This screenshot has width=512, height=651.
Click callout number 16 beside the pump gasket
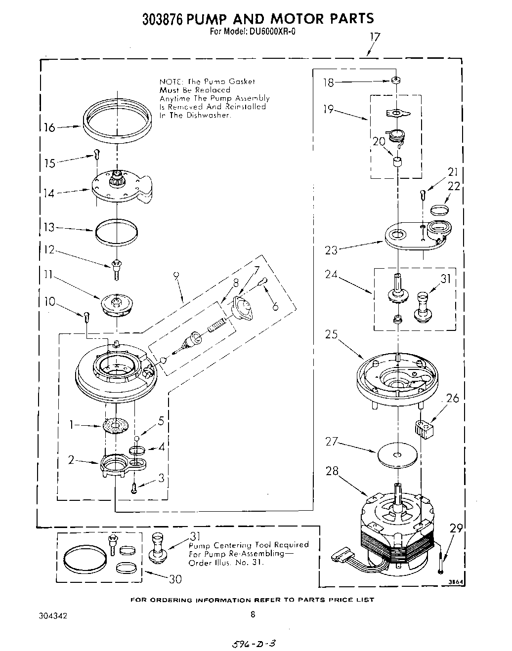[x=49, y=128]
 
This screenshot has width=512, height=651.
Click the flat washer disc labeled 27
[x=397, y=455]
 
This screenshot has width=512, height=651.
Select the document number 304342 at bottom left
[x=53, y=616]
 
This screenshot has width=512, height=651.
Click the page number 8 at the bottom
[x=253, y=614]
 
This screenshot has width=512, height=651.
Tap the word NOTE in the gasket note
[x=169, y=81]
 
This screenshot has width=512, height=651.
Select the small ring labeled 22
[x=439, y=210]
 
